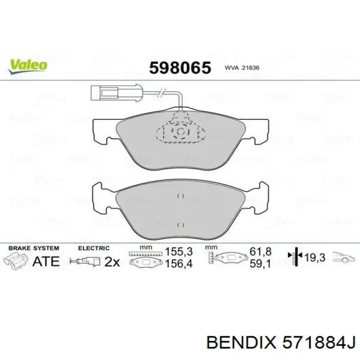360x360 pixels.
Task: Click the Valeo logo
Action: (27, 65)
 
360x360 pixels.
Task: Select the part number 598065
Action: (180, 68)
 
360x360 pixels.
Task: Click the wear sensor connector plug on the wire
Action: (104, 94)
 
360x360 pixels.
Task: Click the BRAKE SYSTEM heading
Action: (33, 248)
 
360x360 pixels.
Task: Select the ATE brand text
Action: (46, 261)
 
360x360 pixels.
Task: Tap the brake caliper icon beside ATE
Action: (16, 260)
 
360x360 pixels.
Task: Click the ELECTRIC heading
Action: (94, 248)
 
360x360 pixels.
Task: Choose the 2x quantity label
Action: (112, 262)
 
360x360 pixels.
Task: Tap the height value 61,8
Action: (260, 253)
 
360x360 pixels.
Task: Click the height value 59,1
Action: (260, 264)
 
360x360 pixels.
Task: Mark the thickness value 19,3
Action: (315, 258)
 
